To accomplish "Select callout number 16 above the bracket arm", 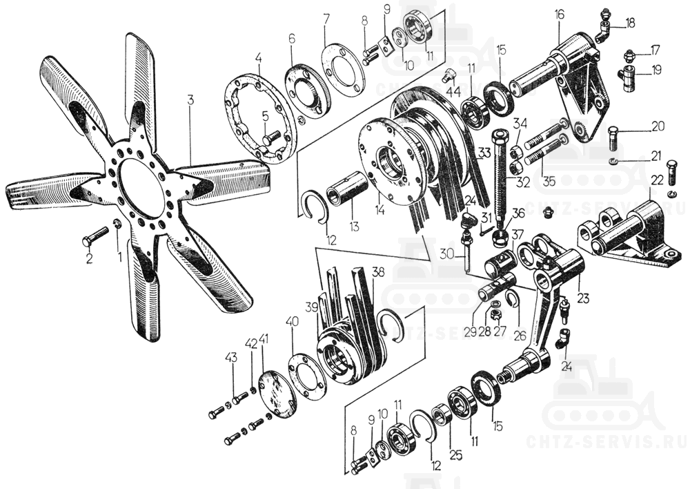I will click(559, 14).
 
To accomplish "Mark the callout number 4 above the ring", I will click(258, 59).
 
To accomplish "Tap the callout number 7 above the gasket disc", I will click(326, 17).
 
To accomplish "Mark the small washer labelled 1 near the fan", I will click(117, 224).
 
